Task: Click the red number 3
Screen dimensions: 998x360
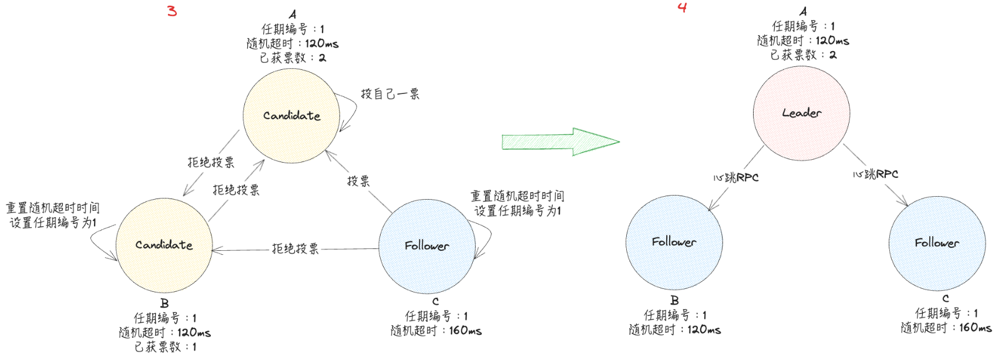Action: (172, 11)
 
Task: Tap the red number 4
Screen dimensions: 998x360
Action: (682, 8)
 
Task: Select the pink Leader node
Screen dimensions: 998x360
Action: (801, 113)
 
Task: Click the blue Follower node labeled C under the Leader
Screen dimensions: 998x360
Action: (937, 243)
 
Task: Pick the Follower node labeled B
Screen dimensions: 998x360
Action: (674, 242)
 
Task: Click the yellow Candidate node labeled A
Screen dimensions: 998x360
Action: (291, 116)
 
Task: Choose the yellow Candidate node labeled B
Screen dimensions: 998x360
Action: (164, 245)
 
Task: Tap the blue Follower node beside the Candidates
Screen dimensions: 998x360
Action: (426, 246)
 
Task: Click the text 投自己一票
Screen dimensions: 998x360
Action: (390, 94)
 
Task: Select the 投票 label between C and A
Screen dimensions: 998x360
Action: (358, 181)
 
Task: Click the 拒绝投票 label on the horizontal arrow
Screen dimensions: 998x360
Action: (295, 249)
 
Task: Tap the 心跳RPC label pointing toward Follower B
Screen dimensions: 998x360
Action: (736, 177)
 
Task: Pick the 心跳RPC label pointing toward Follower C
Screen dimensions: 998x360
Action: (876, 174)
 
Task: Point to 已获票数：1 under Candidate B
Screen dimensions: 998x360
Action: (166, 347)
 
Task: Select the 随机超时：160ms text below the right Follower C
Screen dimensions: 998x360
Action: (946, 328)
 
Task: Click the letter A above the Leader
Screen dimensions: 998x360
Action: (803, 11)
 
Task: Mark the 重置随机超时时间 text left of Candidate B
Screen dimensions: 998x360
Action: (53, 208)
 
